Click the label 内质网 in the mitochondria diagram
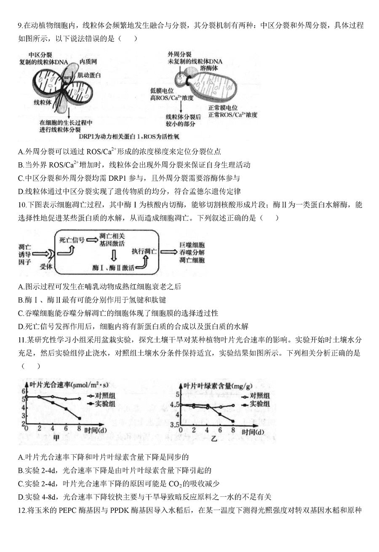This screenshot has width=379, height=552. pyautogui.click(x=90, y=62)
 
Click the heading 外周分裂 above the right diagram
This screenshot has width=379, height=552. pyautogui.click(x=179, y=54)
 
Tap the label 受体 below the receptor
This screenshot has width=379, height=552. pyautogui.click(x=46, y=266)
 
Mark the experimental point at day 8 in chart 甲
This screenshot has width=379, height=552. pyautogui.click(x=80, y=418)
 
